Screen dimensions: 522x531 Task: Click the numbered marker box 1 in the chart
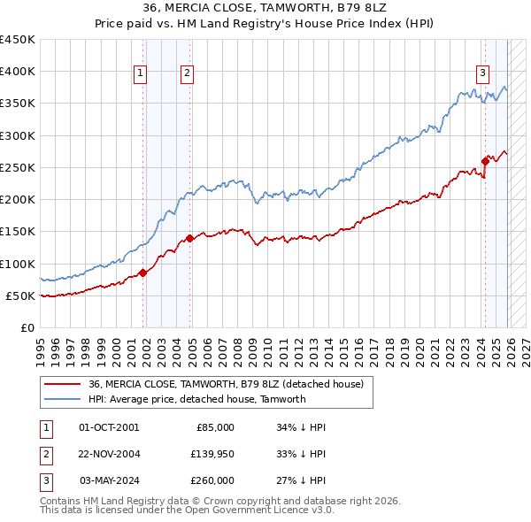(x=141, y=74)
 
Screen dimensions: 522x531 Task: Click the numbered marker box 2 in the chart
(x=188, y=74)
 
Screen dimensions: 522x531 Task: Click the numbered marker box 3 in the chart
(x=482, y=74)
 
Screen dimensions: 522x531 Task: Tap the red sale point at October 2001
(x=142, y=273)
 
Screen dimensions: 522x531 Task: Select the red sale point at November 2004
(x=190, y=238)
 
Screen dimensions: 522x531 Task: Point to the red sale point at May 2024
(x=485, y=161)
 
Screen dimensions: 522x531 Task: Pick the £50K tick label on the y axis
(x=20, y=296)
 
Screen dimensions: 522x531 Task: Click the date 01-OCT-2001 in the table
(x=109, y=427)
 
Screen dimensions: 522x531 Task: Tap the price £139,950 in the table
(x=212, y=454)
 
